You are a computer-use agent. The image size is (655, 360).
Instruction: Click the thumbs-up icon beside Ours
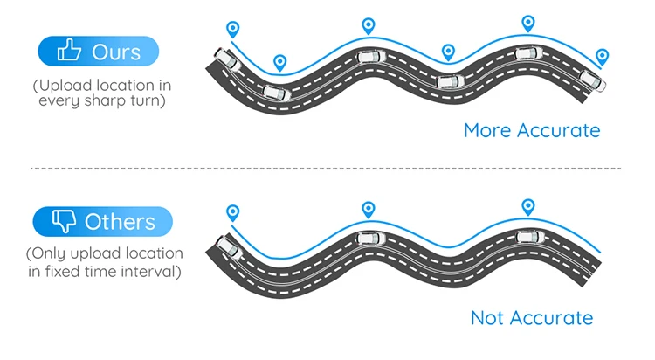[x=69, y=52]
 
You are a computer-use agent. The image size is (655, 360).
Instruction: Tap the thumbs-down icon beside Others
[x=64, y=221]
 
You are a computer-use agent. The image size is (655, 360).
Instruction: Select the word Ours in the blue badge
[x=116, y=52]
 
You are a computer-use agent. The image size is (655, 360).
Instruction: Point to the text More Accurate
[x=532, y=130]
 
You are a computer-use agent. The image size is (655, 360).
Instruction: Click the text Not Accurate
[x=531, y=317]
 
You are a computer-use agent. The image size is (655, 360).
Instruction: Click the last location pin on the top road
[x=602, y=57]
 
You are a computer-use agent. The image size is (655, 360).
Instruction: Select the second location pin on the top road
[x=279, y=62]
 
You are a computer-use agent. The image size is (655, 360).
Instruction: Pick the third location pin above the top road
[x=368, y=25]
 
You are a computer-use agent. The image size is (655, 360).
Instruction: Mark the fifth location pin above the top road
[x=527, y=23]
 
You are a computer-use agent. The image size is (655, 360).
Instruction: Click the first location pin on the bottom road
[x=231, y=212]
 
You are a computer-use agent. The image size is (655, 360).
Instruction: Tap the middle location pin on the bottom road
[x=368, y=209]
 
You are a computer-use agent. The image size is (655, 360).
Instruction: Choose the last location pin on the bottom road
[x=527, y=206]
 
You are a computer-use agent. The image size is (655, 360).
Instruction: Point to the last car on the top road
[x=594, y=80]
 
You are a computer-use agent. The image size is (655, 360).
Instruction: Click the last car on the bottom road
[x=527, y=237]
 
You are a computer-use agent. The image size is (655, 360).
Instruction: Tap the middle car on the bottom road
[x=369, y=238]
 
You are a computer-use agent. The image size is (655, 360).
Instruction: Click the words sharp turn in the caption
[x=131, y=100]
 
